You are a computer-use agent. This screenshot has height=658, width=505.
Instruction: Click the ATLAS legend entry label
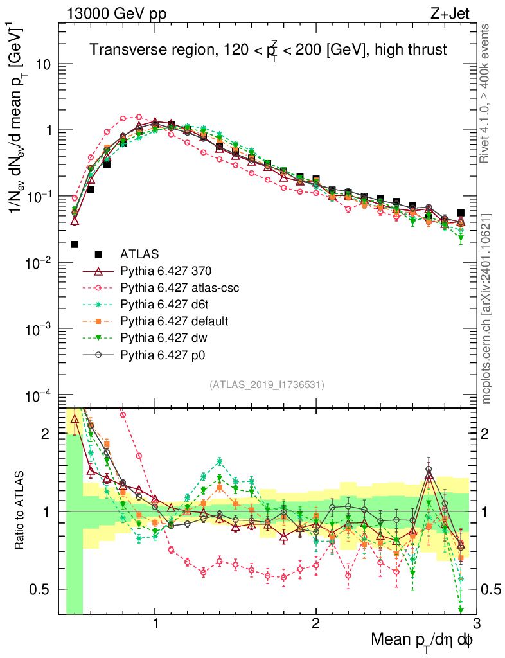(x=139, y=254)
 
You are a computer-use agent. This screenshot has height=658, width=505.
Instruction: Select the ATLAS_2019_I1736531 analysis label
(x=266, y=385)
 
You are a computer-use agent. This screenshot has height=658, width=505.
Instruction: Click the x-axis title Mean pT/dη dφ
(x=423, y=639)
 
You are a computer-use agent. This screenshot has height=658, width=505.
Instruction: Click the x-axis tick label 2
(x=316, y=624)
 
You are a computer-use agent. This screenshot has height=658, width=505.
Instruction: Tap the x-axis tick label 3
(x=475, y=624)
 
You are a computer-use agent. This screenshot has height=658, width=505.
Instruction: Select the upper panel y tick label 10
(x=44, y=65)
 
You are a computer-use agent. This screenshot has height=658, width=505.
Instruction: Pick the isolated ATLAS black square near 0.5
(x=75, y=244)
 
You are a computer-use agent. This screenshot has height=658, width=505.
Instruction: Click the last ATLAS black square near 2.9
(x=461, y=213)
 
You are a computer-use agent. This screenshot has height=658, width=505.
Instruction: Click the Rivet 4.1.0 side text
(x=488, y=93)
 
